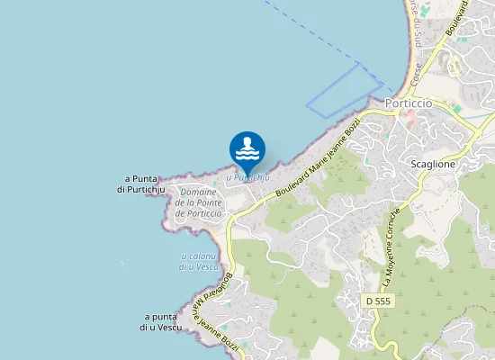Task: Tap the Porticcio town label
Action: [409, 103]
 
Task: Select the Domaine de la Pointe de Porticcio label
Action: [198, 202]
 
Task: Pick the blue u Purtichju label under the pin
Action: [247, 178]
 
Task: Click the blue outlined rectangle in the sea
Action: [345, 91]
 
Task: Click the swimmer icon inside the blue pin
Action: [247, 147]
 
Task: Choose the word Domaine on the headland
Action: [198, 192]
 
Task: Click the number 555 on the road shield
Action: [385, 299]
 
